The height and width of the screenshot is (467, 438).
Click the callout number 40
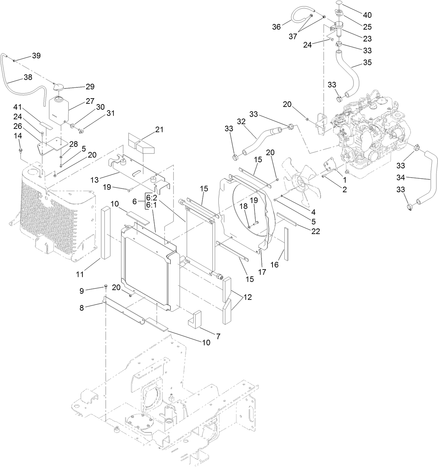pos(367,15)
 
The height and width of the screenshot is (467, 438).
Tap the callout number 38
pos(28,77)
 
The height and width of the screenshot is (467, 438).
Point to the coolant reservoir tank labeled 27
pos(59,109)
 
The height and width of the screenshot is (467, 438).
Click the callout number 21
pos(159,130)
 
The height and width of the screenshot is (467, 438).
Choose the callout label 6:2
pos(151,197)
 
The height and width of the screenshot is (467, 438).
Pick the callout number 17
pos(262,272)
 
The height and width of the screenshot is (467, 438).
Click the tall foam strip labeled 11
pos(105,233)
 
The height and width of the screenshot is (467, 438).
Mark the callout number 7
pos(218,336)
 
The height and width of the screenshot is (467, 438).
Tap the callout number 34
pos(401,178)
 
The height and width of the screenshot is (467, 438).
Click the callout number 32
pos(241,122)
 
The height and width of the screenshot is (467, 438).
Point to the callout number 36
pos(276,27)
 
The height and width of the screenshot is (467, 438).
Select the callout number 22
pos(315,231)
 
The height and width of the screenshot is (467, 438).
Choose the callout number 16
pos(274,265)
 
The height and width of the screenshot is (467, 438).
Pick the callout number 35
pos(367,63)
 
